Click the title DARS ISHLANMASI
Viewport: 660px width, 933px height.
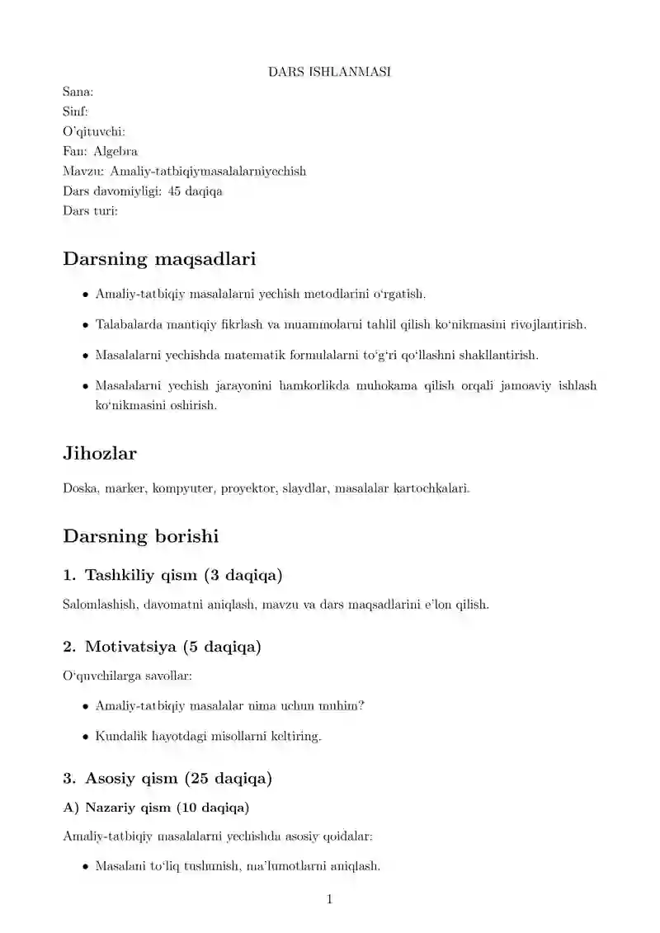(329, 72)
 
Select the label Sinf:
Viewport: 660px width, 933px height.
(75, 111)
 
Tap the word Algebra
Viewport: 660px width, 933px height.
(115, 151)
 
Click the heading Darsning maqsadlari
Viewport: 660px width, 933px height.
(159, 259)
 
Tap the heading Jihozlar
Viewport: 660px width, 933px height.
(100, 454)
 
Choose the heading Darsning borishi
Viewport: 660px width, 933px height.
(141, 536)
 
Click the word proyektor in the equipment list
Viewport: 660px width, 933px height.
(248, 488)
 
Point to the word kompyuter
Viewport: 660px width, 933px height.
(185, 488)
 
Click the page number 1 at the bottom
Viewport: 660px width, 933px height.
(329, 899)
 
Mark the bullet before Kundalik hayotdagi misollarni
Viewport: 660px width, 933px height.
(87, 736)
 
